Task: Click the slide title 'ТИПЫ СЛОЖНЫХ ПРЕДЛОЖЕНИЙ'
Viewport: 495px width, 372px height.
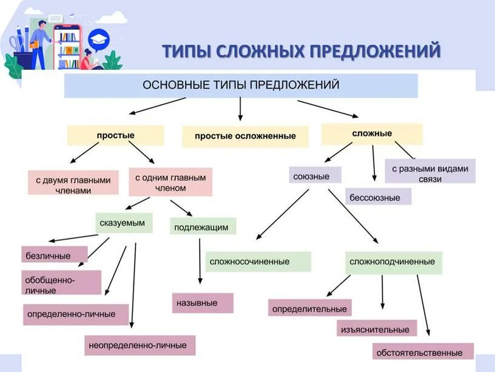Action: pos(301,51)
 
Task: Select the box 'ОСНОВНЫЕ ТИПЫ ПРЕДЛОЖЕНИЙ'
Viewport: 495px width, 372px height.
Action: pos(241,86)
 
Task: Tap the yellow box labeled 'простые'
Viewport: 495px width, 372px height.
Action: pos(115,135)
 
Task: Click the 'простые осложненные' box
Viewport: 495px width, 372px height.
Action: pos(245,137)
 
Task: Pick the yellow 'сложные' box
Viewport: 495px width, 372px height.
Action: pos(372,134)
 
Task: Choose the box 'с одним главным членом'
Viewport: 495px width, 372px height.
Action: pos(170,183)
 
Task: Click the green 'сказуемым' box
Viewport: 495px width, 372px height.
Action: pos(124,223)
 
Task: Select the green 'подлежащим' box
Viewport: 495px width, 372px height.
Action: pos(201,227)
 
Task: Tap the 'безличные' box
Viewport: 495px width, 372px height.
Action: pos(53,255)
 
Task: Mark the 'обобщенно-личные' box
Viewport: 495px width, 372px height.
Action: pos(61,283)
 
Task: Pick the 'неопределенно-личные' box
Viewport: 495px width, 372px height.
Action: pos(140,345)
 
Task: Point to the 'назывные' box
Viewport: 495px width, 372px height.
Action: pos(202,302)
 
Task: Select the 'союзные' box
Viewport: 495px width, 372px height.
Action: pos(315,176)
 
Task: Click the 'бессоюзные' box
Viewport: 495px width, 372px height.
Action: pos(379,197)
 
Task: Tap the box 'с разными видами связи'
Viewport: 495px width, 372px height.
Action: pos(429,171)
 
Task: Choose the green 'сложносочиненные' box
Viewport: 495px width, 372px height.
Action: pos(258,262)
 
